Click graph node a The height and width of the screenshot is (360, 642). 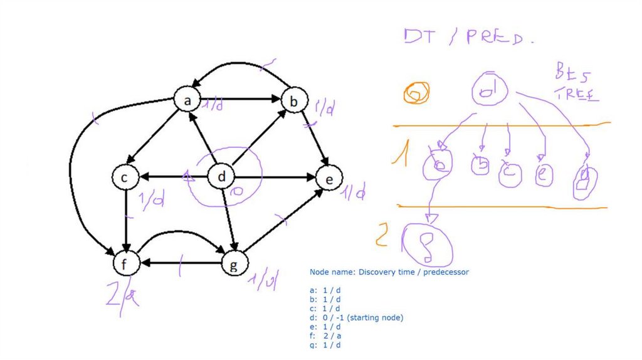[x=187, y=100]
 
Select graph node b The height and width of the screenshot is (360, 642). [x=293, y=100]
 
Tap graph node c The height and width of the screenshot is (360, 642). [x=125, y=178]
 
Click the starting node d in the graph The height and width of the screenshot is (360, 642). [x=221, y=178]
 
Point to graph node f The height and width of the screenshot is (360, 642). [x=125, y=264]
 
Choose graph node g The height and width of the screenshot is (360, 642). [x=234, y=264]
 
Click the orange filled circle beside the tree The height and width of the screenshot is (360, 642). [x=416, y=93]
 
